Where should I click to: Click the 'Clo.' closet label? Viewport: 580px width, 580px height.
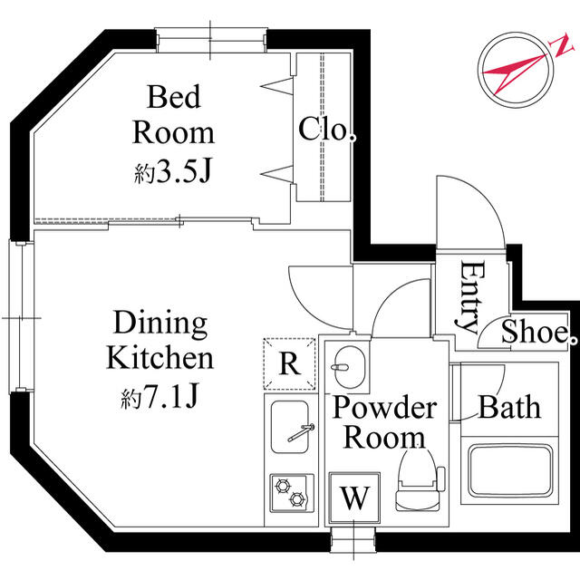click(x=324, y=130)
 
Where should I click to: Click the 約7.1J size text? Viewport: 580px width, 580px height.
click(x=160, y=396)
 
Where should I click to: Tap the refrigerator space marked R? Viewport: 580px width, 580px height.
click(x=289, y=364)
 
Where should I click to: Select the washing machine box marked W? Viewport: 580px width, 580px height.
click(x=354, y=498)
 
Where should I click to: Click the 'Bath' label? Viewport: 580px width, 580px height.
click(x=509, y=407)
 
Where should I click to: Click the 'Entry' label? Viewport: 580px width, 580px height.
click(x=469, y=296)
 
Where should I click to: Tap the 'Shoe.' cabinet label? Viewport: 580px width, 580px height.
click(x=536, y=333)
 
